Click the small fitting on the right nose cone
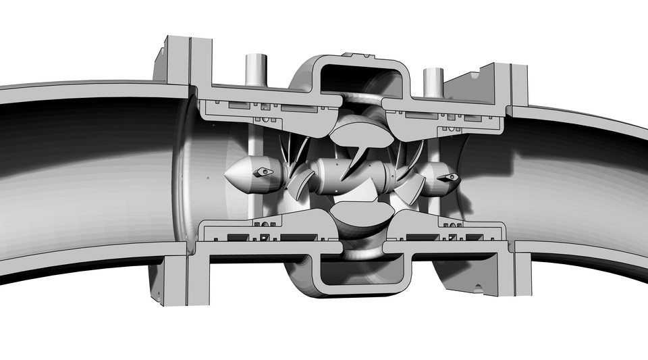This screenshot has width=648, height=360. point(446,178)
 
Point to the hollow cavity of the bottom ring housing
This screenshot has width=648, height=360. point(363,276)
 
